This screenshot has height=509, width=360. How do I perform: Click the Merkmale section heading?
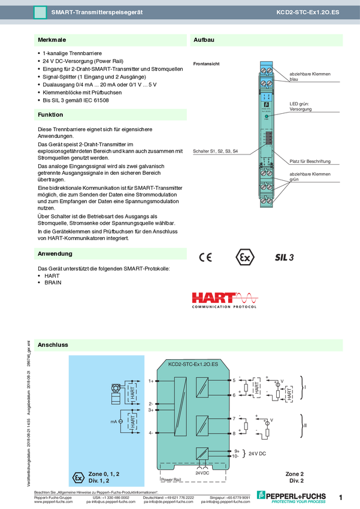[52, 40]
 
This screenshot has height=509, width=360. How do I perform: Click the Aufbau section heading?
[204, 40]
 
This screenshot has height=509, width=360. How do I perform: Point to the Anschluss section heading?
[53, 346]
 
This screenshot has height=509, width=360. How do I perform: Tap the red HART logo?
[225, 300]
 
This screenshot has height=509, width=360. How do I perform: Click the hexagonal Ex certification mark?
[244, 257]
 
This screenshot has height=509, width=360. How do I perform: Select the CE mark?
[205, 257]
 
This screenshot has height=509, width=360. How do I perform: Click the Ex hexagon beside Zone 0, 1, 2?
[77, 477]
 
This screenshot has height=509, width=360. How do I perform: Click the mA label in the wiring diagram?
[113, 422]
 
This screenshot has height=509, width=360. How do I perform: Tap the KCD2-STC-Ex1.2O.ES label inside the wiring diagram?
[193, 363]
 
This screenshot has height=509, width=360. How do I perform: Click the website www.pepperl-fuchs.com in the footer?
[53, 502]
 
